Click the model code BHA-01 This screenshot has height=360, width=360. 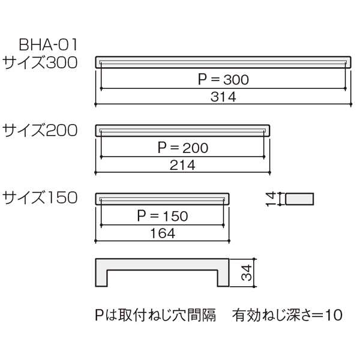click(49, 45)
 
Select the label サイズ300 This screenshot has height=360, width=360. click(40, 62)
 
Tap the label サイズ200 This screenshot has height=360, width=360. click(40, 130)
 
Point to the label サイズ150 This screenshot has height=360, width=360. click(40, 197)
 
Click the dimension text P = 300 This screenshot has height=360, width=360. click(223, 79)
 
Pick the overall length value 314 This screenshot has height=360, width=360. click(223, 97)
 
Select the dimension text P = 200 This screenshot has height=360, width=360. click(183, 148)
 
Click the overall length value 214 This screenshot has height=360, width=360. click(183, 165)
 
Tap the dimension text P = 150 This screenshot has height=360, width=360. click(163, 216)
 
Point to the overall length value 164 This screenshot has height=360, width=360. click(163, 233)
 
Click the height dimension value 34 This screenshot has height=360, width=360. click(247, 273)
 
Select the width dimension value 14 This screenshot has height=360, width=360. click(271, 199)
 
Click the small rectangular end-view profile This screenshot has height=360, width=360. click(299, 199)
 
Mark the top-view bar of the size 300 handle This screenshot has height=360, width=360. click(223, 62)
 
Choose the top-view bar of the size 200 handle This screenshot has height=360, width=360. click(183, 130)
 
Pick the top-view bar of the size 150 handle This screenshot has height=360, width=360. click(163, 199)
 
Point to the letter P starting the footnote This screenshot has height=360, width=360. click(99, 315)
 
